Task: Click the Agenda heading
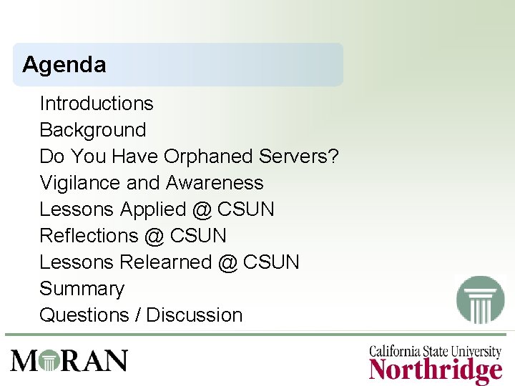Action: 64,65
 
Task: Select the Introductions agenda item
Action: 97,104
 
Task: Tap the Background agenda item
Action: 93,130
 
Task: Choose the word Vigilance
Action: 80,183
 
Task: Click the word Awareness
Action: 215,183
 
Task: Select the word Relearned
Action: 166,262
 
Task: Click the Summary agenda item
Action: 82,289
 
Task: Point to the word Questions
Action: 84,315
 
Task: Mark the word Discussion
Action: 195,315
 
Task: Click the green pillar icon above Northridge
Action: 481,300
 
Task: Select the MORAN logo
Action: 69,360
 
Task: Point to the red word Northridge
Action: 436,371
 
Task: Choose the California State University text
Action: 435,352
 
